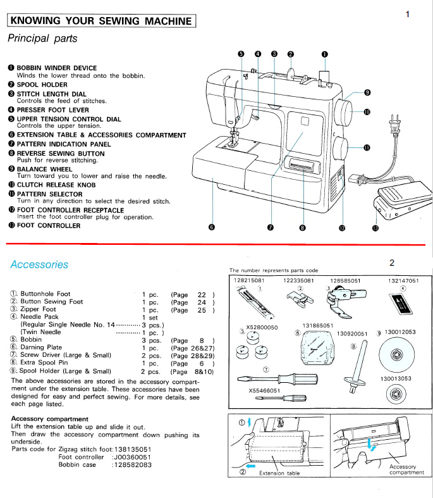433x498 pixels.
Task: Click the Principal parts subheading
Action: pos(42,39)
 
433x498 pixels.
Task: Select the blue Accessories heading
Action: pos(39,265)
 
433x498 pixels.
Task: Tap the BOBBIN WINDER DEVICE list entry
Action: pos(56,68)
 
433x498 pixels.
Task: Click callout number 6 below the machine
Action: pos(211,228)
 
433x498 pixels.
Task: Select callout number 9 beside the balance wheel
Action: pos(367,93)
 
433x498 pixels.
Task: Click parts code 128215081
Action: pos(248,280)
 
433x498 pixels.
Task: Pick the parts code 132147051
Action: pos(403,280)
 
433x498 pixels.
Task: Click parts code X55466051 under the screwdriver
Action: pos(264,390)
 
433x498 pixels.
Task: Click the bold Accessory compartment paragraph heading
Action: pos(50,419)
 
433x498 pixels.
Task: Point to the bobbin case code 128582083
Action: pos(131,464)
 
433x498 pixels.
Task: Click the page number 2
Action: pos(392,263)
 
